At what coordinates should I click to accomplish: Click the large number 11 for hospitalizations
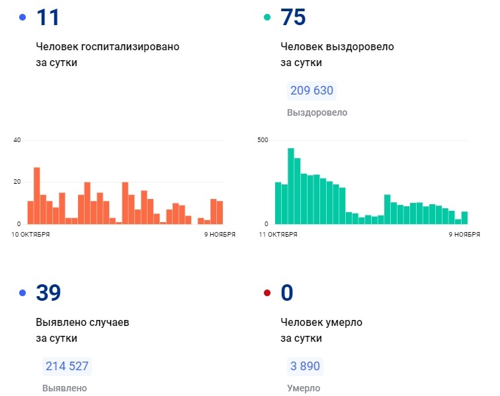coord(48,17)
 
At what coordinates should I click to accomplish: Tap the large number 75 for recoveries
coord(293,17)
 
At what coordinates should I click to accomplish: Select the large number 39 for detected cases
coord(48,292)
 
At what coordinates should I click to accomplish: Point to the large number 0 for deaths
coord(286,292)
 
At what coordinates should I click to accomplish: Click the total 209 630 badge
coord(312,91)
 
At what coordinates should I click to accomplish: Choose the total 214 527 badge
coord(67,366)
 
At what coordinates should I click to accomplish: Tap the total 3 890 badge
coord(306,366)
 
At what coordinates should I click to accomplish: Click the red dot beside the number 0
coord(267,293)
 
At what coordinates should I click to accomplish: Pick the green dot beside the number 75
coord(267,18)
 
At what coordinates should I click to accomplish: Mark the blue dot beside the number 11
coord(22,18)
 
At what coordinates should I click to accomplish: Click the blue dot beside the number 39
coord(22,293)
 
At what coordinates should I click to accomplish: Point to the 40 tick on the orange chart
coord(17,140)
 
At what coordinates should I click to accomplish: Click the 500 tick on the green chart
coord(263,140)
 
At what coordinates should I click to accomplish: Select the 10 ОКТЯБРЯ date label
coord(31,235)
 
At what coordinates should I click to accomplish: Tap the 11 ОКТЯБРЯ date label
coord(278,235)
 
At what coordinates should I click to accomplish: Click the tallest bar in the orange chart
coord(37,196)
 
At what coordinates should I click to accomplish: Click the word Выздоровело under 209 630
coord(317,113)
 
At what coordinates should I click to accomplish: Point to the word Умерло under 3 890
coord(304,389)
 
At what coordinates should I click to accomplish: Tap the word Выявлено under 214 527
coord(64,389)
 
